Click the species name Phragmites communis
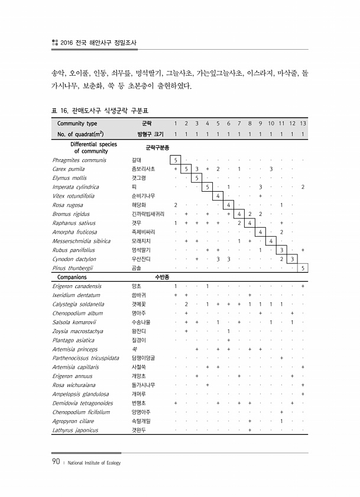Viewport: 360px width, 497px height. [x=79, y=160]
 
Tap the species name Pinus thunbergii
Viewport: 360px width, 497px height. [x=74, y=268]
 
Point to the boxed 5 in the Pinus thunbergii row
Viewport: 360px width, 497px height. [x=303, y=268]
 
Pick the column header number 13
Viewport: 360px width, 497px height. [x=303, y=124]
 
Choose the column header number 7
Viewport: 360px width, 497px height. [x=239, y=124]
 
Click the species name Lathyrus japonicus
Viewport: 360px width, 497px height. [x=75, y=430]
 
